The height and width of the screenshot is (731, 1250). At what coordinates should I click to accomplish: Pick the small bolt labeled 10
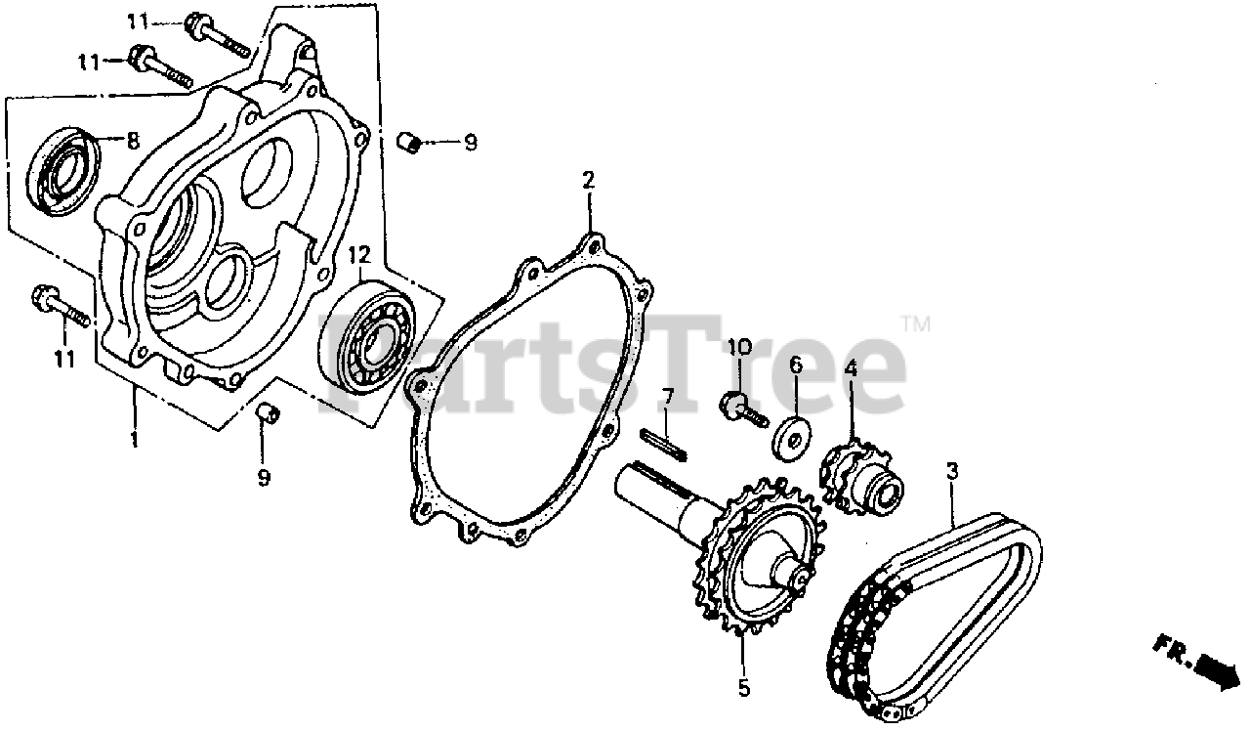click(740, 408)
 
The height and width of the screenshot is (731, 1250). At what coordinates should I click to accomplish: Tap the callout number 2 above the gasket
click(588, 181)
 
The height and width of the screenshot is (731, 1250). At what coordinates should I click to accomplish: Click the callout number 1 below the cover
click(134, 439)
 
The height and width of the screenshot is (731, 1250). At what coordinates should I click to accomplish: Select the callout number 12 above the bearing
click(359, 255)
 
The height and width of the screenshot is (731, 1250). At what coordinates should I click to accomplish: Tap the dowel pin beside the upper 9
click(409, 143)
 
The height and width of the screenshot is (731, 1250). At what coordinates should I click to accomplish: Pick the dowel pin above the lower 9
click(267, 415)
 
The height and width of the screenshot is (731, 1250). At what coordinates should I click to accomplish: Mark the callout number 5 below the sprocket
click(744, 688)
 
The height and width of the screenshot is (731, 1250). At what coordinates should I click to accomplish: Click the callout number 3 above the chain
click(951, 471)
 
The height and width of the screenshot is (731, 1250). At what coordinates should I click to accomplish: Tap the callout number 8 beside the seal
click(134, 140)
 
